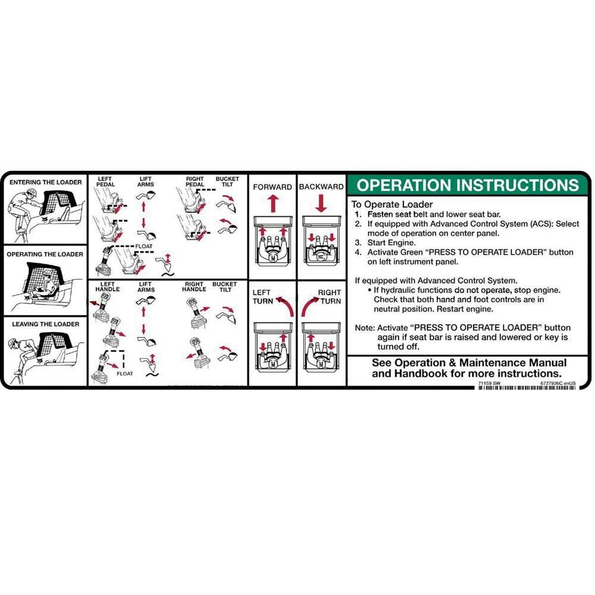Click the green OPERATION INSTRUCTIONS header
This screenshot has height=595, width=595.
[x=468, y=184]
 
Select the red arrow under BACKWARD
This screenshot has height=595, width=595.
[x=321, y=203]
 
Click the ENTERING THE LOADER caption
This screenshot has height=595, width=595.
[x=46, y=182]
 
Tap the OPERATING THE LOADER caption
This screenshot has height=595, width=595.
[x=45, y=254]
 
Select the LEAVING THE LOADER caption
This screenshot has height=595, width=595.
[x=46, y=324]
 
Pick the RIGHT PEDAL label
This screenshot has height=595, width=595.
[x=195, y=181]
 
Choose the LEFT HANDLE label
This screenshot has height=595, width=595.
[x=107, y=287]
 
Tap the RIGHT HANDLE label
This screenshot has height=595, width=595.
[x=195, y=287]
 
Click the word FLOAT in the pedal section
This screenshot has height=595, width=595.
[x=144, y=245]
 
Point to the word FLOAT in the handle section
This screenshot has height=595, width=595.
[x=125, y=374]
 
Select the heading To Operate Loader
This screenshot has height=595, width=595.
[x=392, y=204]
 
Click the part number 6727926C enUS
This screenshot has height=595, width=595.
[x=558, y=383]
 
